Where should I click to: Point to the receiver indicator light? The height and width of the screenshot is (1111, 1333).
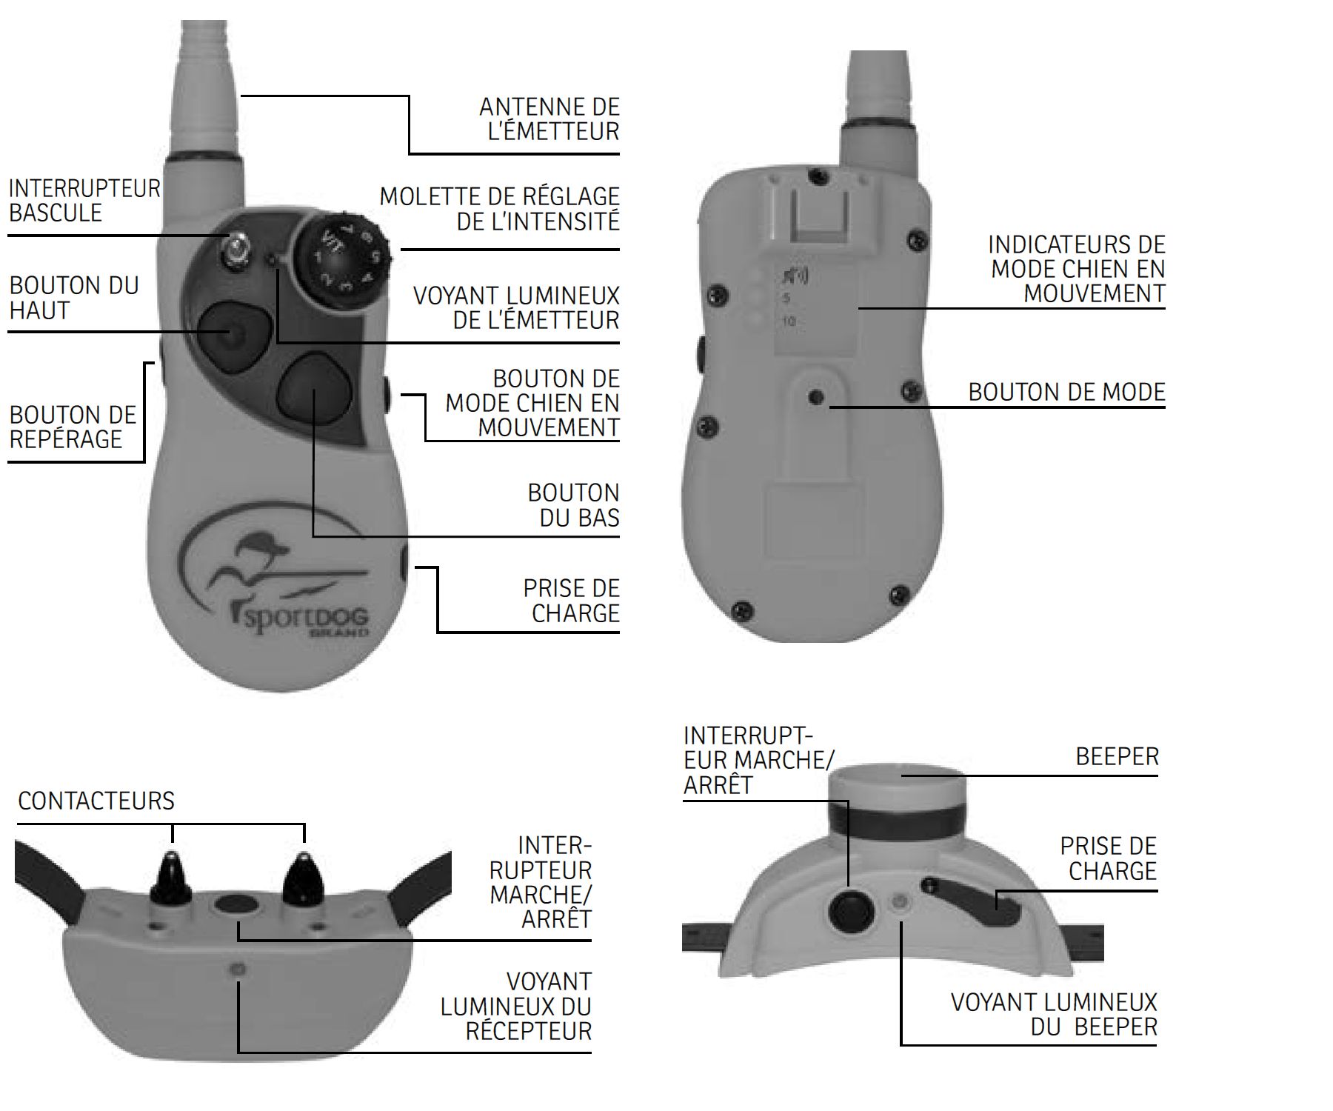238,969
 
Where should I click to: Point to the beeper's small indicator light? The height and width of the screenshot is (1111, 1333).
901,902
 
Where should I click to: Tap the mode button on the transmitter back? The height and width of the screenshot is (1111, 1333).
817,398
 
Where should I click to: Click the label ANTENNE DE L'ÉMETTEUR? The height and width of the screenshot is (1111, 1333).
549,119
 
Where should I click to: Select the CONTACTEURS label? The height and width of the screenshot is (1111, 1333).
96,801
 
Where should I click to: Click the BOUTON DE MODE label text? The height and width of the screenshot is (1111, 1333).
1066,392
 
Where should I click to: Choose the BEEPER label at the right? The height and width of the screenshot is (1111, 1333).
1117,757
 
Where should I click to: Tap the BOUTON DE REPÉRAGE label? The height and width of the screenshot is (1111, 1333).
73,427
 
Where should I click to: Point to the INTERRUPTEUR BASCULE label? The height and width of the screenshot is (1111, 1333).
84,201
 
